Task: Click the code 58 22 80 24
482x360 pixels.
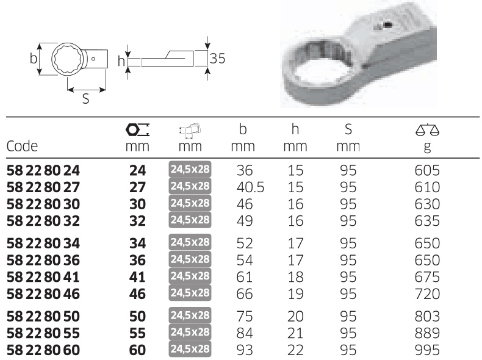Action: click(x=43, y=170)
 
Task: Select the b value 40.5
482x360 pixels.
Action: click(x=250, y=187)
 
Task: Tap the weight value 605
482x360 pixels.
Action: click(x=427, y=170)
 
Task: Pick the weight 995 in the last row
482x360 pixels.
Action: click(x=427, y=350)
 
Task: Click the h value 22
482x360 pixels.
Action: click(x=295, y=350)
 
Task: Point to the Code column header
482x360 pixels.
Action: click(x=22, y=146)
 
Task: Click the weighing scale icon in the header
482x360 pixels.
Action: click(x=427, y=130)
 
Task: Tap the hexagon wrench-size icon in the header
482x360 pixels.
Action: click(x=137, y=130)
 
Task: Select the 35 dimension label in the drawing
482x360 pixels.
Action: click(x=218, y=59)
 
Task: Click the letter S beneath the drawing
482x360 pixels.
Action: click(x=86, y=99)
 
